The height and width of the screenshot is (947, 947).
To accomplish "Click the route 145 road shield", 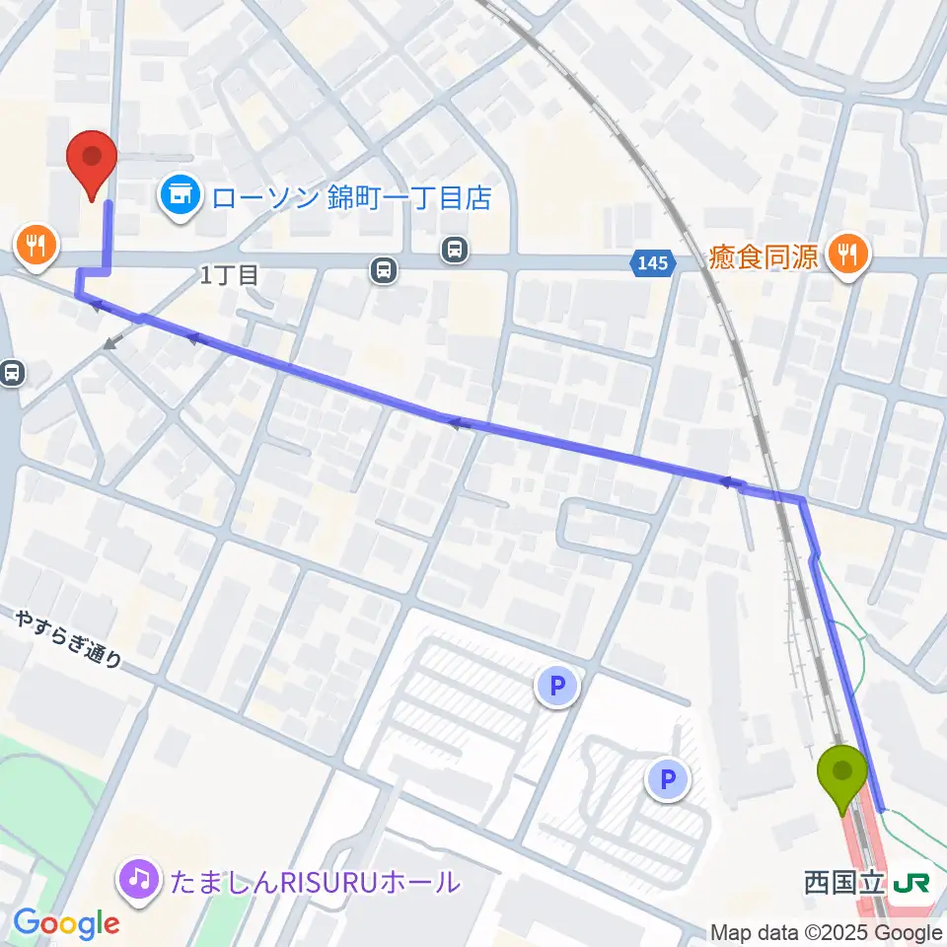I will (x=652, y=262).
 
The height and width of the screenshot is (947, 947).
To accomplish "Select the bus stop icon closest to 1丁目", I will (x=384, y=268).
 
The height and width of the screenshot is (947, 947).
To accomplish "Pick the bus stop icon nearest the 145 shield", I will (x=455, y=249).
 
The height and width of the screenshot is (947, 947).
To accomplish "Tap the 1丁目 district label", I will (x=229, y=275).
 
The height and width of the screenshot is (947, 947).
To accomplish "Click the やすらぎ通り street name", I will (x=68, y=639).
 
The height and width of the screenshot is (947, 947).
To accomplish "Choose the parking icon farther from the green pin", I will (x=558, y=687).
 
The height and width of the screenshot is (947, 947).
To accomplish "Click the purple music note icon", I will (x=139, y=879).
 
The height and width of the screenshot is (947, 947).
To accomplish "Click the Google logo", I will (x=66, y=922).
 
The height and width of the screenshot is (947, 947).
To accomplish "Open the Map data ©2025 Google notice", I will (x=827, y=932).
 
